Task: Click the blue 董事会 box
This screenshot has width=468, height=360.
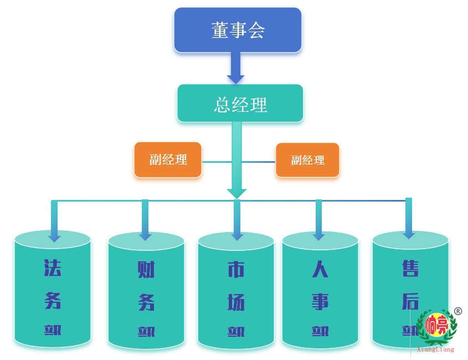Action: coord(238,30)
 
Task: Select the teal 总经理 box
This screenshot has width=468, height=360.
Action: coord(240,104)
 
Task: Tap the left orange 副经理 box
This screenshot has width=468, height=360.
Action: coord(168,160)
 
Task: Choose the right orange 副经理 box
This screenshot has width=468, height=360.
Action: coord(307,161)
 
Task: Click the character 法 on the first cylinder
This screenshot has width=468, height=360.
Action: coord(53,269)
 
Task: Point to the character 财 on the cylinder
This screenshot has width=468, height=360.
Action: coord(146,270)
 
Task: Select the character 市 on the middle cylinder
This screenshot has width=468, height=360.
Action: coord(236,270)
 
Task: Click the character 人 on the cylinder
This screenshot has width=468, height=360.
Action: coord(320,270)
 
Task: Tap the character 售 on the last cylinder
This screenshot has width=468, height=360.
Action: coord(410,269)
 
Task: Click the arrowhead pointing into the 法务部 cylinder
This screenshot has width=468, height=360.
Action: coord(54,237)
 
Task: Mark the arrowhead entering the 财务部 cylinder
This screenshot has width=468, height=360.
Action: coord(145,235)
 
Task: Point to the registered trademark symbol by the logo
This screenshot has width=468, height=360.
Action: coord(458,311)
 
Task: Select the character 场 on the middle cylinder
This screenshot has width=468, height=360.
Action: coord(236,302)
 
